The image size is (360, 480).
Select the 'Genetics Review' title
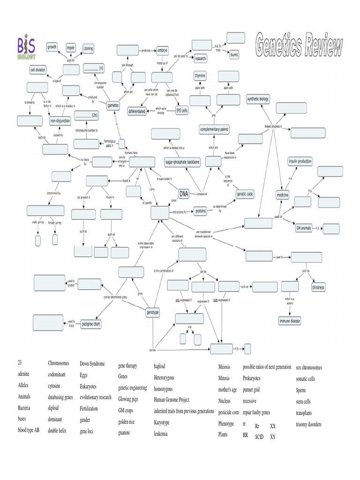point(300,47)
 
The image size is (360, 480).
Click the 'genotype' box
point(153,312)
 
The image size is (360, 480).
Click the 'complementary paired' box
point(214,129)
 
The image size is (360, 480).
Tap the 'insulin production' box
point(300,161)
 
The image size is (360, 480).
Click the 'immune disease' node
point(290,321)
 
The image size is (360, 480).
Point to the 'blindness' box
point(318,287)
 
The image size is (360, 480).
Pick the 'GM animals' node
point(303,228)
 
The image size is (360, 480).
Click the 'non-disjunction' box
point(60,121)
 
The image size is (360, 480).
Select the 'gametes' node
point(113,106)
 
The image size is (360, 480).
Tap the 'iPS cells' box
point(181,111)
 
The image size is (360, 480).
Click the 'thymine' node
point(200,76)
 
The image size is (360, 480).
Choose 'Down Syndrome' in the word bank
point(92,364)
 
